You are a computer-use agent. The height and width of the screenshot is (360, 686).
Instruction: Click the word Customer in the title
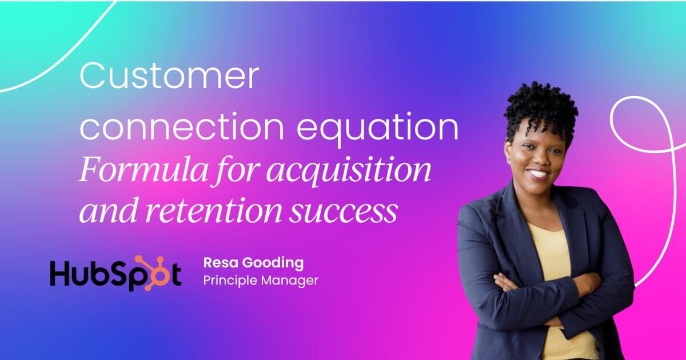(x=169, y=77)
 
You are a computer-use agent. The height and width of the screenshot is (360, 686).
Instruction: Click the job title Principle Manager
(x=260, y=281)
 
